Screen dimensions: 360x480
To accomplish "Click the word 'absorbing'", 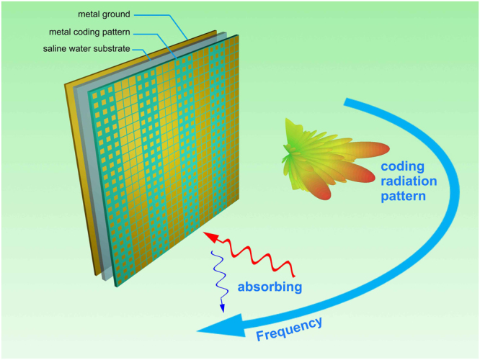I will (x=270, y=287).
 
